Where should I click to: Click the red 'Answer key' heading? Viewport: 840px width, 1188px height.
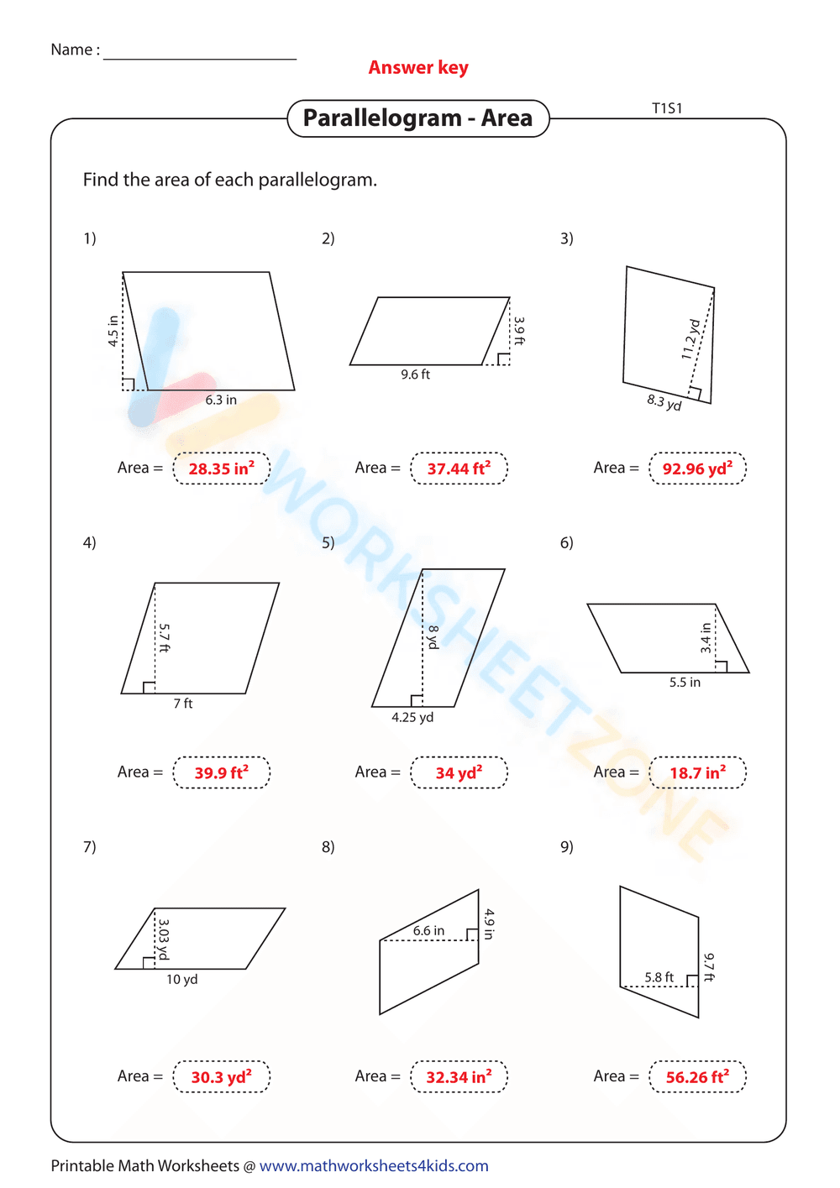click(x=418, y=68)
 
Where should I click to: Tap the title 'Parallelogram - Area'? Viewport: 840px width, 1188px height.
click(x=417, y=118)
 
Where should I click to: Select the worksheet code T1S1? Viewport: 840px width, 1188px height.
click(x=667, y=108)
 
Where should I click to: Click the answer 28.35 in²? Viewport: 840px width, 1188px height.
click(x=221, y=468)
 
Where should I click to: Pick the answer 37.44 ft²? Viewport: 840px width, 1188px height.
click(x=459, y=468)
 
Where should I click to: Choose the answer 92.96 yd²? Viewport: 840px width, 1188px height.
click(x=697, y=468)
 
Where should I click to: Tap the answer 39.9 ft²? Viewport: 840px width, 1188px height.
click(x=221, y=772)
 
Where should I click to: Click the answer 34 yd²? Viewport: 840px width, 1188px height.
click(x=459, y=772)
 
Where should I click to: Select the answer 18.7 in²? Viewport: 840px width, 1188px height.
click(x=697, y=772)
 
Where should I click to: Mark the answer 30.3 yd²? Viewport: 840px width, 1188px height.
click(x=221, y=1076)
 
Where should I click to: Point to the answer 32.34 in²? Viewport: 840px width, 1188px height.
click(x=459, y=1076)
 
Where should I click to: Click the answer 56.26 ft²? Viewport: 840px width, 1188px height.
click(x=697, y=1076)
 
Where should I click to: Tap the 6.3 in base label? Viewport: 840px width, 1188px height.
click(x=221, y=400)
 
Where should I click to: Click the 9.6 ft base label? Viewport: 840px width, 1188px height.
click(x=415, y=374)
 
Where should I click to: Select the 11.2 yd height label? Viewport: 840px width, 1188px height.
click(x=690, y=339)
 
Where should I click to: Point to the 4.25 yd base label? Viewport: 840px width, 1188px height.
click(x=412, y=718)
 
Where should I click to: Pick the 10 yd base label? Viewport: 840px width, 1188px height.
click(x=181, y=980)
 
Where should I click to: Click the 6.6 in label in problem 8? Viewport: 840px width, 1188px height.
click(x=428, y=931)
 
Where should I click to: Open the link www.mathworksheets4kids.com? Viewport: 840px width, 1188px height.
click(x=374, y=1166)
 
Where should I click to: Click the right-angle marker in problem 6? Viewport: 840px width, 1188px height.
click(x=721, y=667)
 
